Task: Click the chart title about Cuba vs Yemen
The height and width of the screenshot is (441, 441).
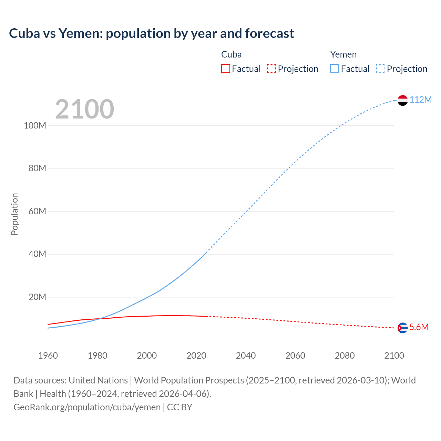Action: tap(152, 33)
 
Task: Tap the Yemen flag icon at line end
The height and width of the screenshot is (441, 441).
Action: tap(402, 100)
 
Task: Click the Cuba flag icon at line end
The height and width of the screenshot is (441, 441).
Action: tap(402, 328)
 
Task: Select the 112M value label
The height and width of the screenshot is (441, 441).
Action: tap(420, 100)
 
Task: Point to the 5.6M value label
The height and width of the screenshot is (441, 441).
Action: tap(419, 327)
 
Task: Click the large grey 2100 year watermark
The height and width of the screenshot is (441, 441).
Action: tap(84, 109)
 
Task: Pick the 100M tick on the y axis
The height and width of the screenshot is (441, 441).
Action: tap(35, 125)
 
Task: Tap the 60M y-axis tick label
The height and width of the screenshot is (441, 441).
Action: tap(37, 211)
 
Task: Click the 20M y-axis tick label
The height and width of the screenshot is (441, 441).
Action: tap(37, 297)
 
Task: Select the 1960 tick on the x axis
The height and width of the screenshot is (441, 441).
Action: tap(48, 356)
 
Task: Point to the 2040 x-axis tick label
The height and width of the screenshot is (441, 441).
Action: tap(246, 356)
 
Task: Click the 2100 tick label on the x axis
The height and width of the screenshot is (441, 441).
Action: tap(394, 356)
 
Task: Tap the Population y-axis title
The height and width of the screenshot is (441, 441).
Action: tap(14, 214)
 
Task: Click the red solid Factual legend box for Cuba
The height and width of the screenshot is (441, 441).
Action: tap(225, 69)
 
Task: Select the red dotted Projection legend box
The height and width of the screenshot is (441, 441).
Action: tap(271, 69)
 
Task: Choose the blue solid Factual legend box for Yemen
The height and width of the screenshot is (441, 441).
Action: tap(334, 69)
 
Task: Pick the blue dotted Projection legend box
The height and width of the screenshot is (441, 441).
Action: tap(380, 69)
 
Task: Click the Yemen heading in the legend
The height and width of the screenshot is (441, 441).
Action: tap(343, 54)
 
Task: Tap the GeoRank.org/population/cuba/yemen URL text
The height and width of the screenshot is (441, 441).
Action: tap(87, 407)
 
